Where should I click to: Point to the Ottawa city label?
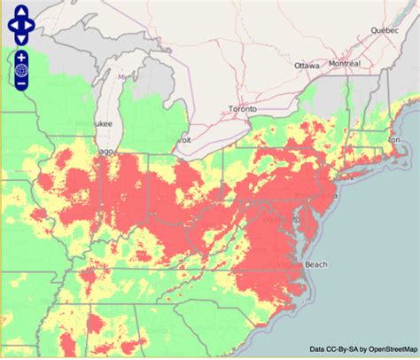pyautogui.click(x=307, y=65)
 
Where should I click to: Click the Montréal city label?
pyautogui.click(x=344, y=64)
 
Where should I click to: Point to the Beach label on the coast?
pyautogui.click(x=316, y=263)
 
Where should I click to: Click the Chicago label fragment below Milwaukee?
pyautogui.click(x=105, y=152)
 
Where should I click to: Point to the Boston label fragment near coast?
pyautogui.click(x=395, y=139)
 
